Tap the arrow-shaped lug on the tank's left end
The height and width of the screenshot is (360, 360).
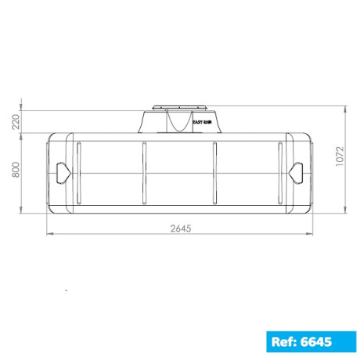(61, 171)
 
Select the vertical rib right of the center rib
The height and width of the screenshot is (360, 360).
(215, 172)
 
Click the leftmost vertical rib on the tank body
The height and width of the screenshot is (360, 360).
(78, 172)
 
